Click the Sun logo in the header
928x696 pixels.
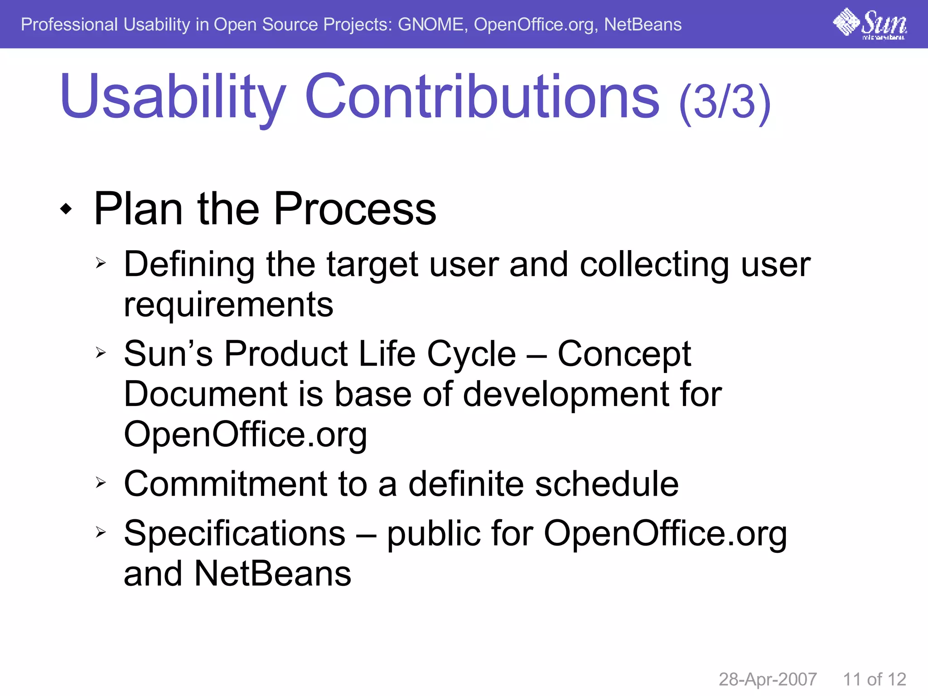coord(870,24)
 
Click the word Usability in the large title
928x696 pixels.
coord(173,97)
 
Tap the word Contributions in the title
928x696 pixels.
coord(482,97)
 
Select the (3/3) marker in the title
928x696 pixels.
coord(725,101)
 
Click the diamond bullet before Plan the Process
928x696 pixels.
coord(66,209)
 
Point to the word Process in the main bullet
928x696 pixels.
coord(355,209)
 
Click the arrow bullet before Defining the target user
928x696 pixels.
coord(101,263)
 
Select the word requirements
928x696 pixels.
coord(228,304)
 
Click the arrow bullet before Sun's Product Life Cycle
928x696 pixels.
coord(101,352)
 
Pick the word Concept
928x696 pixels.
coord(624,354)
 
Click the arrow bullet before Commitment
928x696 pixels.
coord(101,483)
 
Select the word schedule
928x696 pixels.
coord(607,484)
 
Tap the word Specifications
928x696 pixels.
coord(234,533)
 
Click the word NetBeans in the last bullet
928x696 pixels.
coord(273,573)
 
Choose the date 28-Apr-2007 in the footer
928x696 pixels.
coord(768,679)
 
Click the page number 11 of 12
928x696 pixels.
coord(874,679)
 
